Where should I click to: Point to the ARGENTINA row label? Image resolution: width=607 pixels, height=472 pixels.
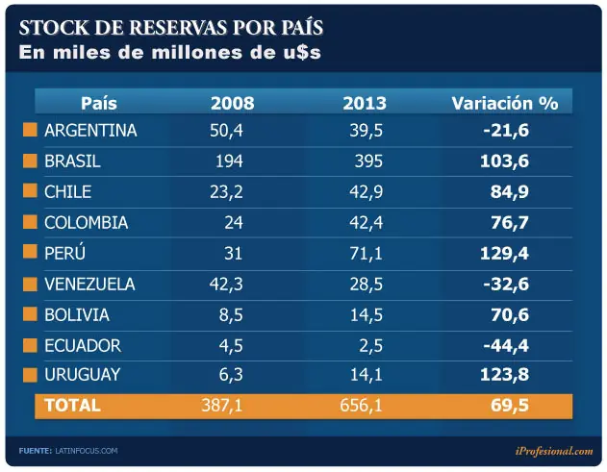[x=90, y=131]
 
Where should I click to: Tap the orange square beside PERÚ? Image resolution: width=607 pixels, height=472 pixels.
[x=30, y=254]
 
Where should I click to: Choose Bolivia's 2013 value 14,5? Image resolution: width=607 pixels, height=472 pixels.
[x=366, y=315]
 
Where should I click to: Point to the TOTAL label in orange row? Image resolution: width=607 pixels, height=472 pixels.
[x=72, y=406]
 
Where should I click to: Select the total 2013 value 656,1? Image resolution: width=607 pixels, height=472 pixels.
[x=361, y=406]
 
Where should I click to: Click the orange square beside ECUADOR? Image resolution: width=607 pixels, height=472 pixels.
[x=30, y=346]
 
